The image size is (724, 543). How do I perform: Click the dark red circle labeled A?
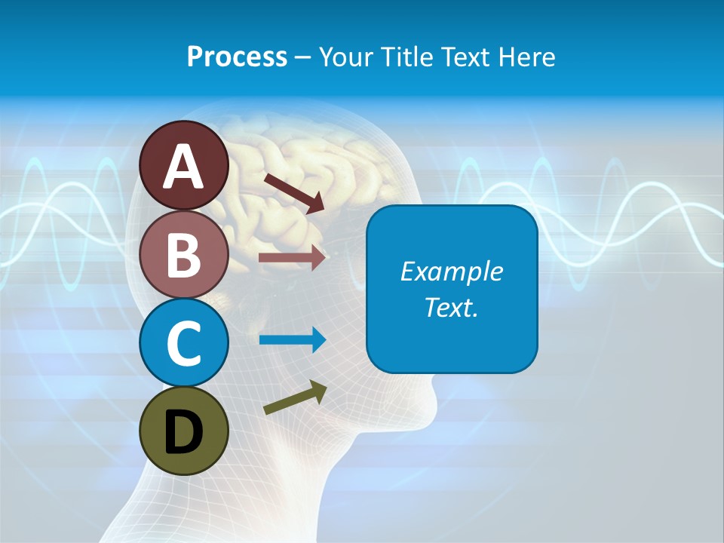[183, 165]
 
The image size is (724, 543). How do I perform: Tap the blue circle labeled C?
[183, 342]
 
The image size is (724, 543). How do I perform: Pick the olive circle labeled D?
[183, 431]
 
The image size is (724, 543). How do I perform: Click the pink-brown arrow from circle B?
[292, 258]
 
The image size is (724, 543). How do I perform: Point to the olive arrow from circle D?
[295, 398]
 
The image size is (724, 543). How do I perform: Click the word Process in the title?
[237, 57]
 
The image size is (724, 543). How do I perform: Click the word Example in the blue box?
[451, 271]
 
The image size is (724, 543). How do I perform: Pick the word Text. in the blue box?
[451, 307]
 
